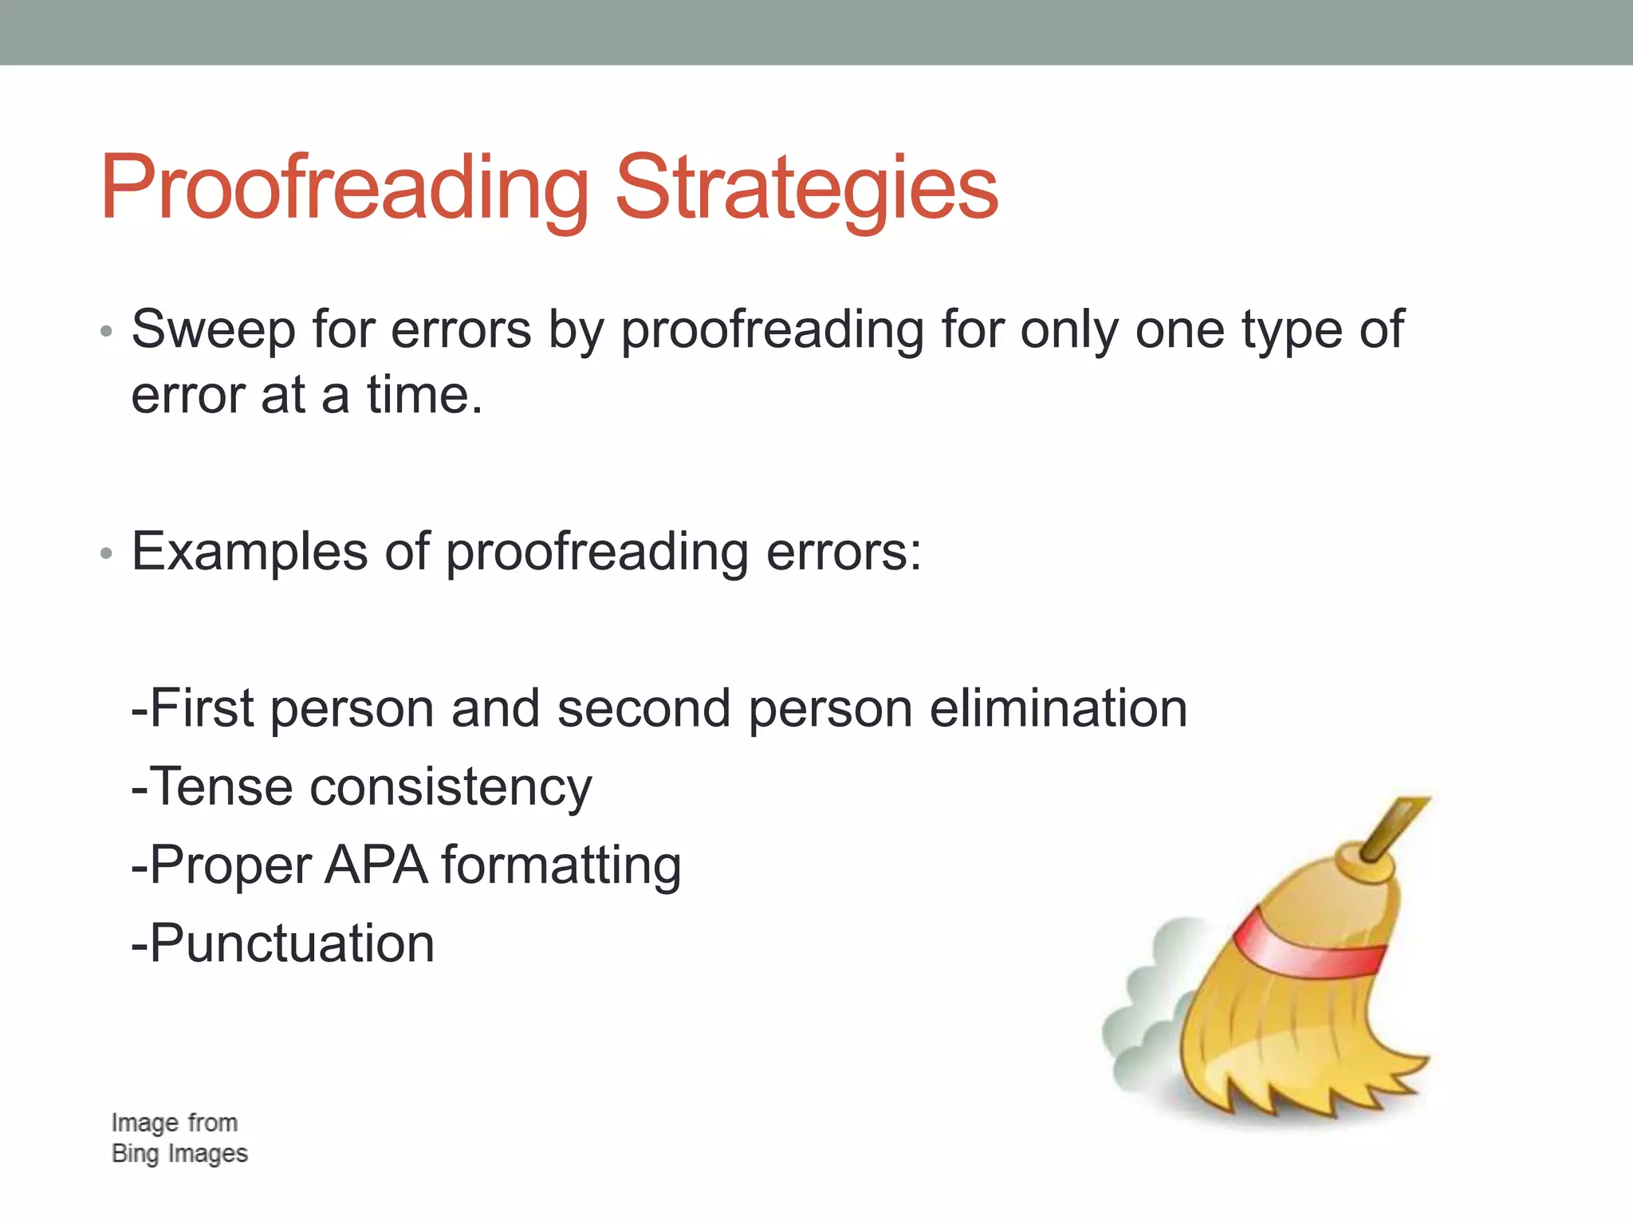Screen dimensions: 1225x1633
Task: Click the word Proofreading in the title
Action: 344,188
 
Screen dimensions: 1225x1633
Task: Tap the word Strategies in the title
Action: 806,188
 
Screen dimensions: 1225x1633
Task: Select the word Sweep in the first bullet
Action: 213,330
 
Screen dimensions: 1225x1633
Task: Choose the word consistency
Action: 451,788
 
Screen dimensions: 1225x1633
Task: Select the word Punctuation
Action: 292,943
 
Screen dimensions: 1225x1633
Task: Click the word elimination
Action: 1058,708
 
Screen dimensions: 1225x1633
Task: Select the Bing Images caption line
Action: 179,1154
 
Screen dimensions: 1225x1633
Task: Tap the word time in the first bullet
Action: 416,396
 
